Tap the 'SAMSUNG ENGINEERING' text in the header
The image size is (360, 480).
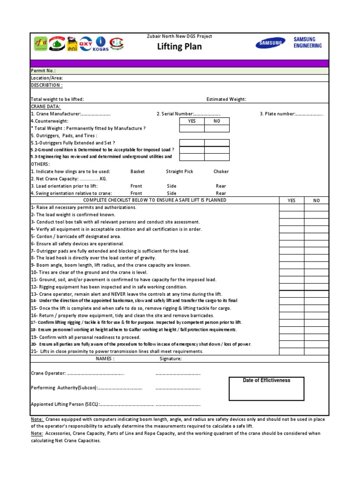tap(307, 43)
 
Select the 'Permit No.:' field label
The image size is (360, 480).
tap(43, 71)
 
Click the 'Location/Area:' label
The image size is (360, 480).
tap(46, 78)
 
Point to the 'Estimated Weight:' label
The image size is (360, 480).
tap(226, 99)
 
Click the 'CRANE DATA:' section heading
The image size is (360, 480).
tap(45, 106)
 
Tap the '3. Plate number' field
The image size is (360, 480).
tap(292, 114)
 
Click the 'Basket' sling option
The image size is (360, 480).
tap(138, 172)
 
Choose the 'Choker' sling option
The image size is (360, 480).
tap(221, 172)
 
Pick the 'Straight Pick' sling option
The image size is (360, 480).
tap(179, 172)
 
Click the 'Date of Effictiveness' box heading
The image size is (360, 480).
tap(266, 380)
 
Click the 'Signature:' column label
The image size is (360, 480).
tap(171, 359)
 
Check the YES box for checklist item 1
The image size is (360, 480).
tap(292, 207)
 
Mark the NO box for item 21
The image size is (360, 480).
tap(316, 351)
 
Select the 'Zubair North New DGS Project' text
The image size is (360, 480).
tap(180, 36)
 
